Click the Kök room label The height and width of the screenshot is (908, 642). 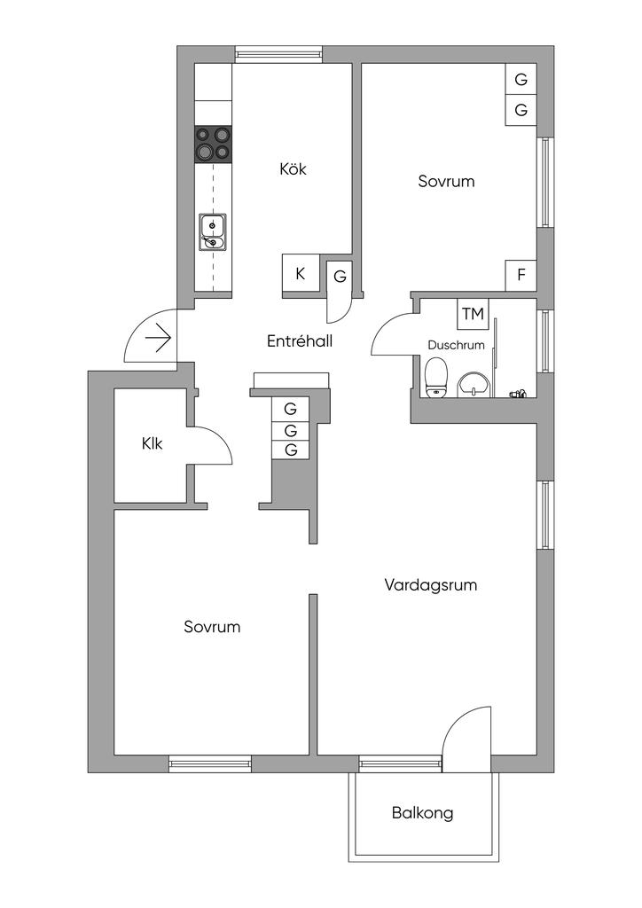click(x=293, y=169)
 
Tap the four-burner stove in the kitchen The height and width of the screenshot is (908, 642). click(x=213, y=144)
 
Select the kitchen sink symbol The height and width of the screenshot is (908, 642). click(x=213, y=232)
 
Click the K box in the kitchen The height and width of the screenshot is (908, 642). click(x=301, y=273)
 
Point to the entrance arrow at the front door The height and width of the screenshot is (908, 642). click(x=159, y=338)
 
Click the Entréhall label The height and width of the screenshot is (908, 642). click(x=300, y=341)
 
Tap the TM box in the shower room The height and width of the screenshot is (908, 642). click(x=473, y=314)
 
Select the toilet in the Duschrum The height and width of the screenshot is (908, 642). click(x=436, y=378)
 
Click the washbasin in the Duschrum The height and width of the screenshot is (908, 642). click(x=474, y=386)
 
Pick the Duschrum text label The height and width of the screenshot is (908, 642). click(x=456, y=345)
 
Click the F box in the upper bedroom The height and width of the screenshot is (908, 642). click(x=521, y=275)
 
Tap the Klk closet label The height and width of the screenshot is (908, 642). click(x=153, y=444)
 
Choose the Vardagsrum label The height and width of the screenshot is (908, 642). click(x=431, y=585)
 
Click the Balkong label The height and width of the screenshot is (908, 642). click(x=423, y=813)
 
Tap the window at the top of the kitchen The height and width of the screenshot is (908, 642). click(x=278, y=54)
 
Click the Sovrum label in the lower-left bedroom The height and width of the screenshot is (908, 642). click(x=212, y=627)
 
